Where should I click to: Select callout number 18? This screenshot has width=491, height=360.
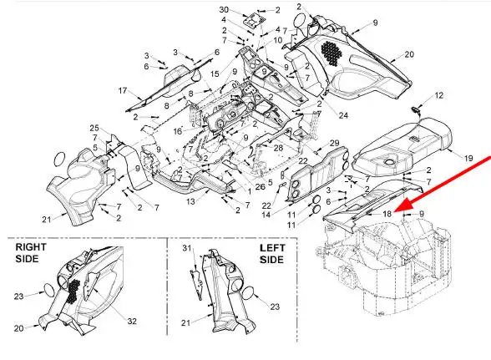pos(387,214)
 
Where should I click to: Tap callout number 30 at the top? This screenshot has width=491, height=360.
pos(224,10)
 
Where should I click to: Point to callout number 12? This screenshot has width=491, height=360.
pos(439,95)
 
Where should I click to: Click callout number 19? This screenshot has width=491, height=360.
pos(468,159)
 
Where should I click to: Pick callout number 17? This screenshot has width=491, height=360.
pos(123,91)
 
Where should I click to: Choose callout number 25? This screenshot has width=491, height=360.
pos(94,128)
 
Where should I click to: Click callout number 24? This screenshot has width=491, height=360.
pos(343,115)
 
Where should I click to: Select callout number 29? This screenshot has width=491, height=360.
pos(334,143)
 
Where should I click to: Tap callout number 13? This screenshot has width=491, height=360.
pos(190,201)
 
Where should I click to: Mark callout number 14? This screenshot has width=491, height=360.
pos(266,215)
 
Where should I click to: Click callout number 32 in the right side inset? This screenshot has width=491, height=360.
pos(132,321)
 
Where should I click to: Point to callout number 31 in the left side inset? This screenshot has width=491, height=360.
pos(187,248)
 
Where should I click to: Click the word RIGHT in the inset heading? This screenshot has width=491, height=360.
pos(31,247)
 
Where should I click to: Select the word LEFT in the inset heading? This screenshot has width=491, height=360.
pos(272,248)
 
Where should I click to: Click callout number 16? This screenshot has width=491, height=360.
pos(178,131)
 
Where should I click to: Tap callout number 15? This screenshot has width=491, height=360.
pos(215,74)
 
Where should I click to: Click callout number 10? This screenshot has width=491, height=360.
pos(278,40)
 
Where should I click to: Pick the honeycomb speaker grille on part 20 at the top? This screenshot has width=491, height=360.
pos(331,53)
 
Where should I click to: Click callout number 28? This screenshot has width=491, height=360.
pos(278,148)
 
